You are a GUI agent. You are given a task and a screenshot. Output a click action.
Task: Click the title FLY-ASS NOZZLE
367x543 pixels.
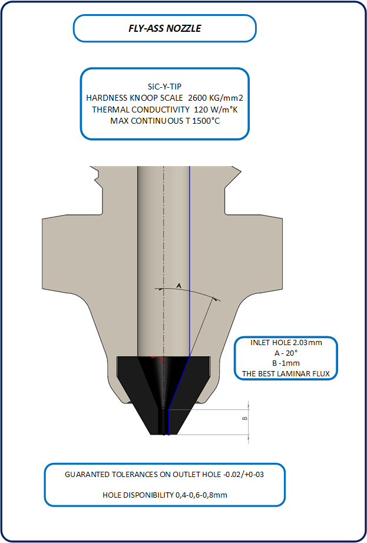point(164,28)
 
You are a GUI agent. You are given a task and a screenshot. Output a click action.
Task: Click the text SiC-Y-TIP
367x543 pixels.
point(164,86)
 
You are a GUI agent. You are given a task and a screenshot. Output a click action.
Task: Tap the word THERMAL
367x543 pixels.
point(109,109)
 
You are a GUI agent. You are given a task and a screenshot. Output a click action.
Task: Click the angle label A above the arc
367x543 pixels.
point(179,285)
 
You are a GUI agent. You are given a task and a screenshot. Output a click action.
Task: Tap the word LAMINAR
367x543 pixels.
point(295,373)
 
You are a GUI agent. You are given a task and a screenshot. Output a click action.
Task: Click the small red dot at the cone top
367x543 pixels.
point(153,356)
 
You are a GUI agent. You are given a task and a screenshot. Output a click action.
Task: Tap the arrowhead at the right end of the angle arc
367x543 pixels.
point(216,299)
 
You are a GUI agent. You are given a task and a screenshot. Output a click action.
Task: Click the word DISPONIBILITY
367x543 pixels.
point(148,495)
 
